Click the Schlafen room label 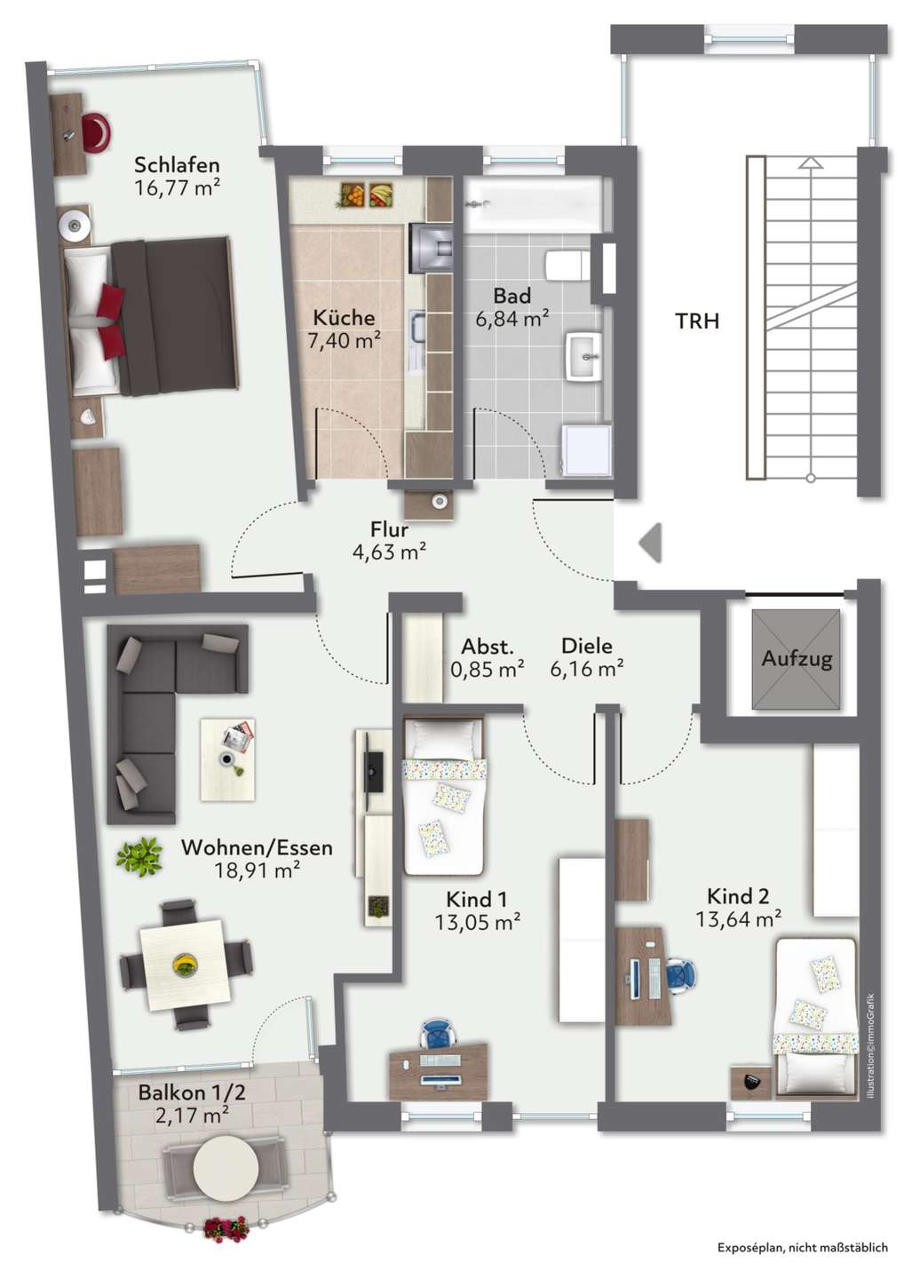click(177, 165)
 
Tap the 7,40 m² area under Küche click(344, 341)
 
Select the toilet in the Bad click(566, 265)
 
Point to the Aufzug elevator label click(797, 658)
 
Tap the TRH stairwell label click(697, 322)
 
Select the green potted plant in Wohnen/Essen click(139, 857)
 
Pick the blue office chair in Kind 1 click(439, 1033)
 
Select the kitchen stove click(432, 247)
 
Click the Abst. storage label click(487, 647)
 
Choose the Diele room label click(587, 646)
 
